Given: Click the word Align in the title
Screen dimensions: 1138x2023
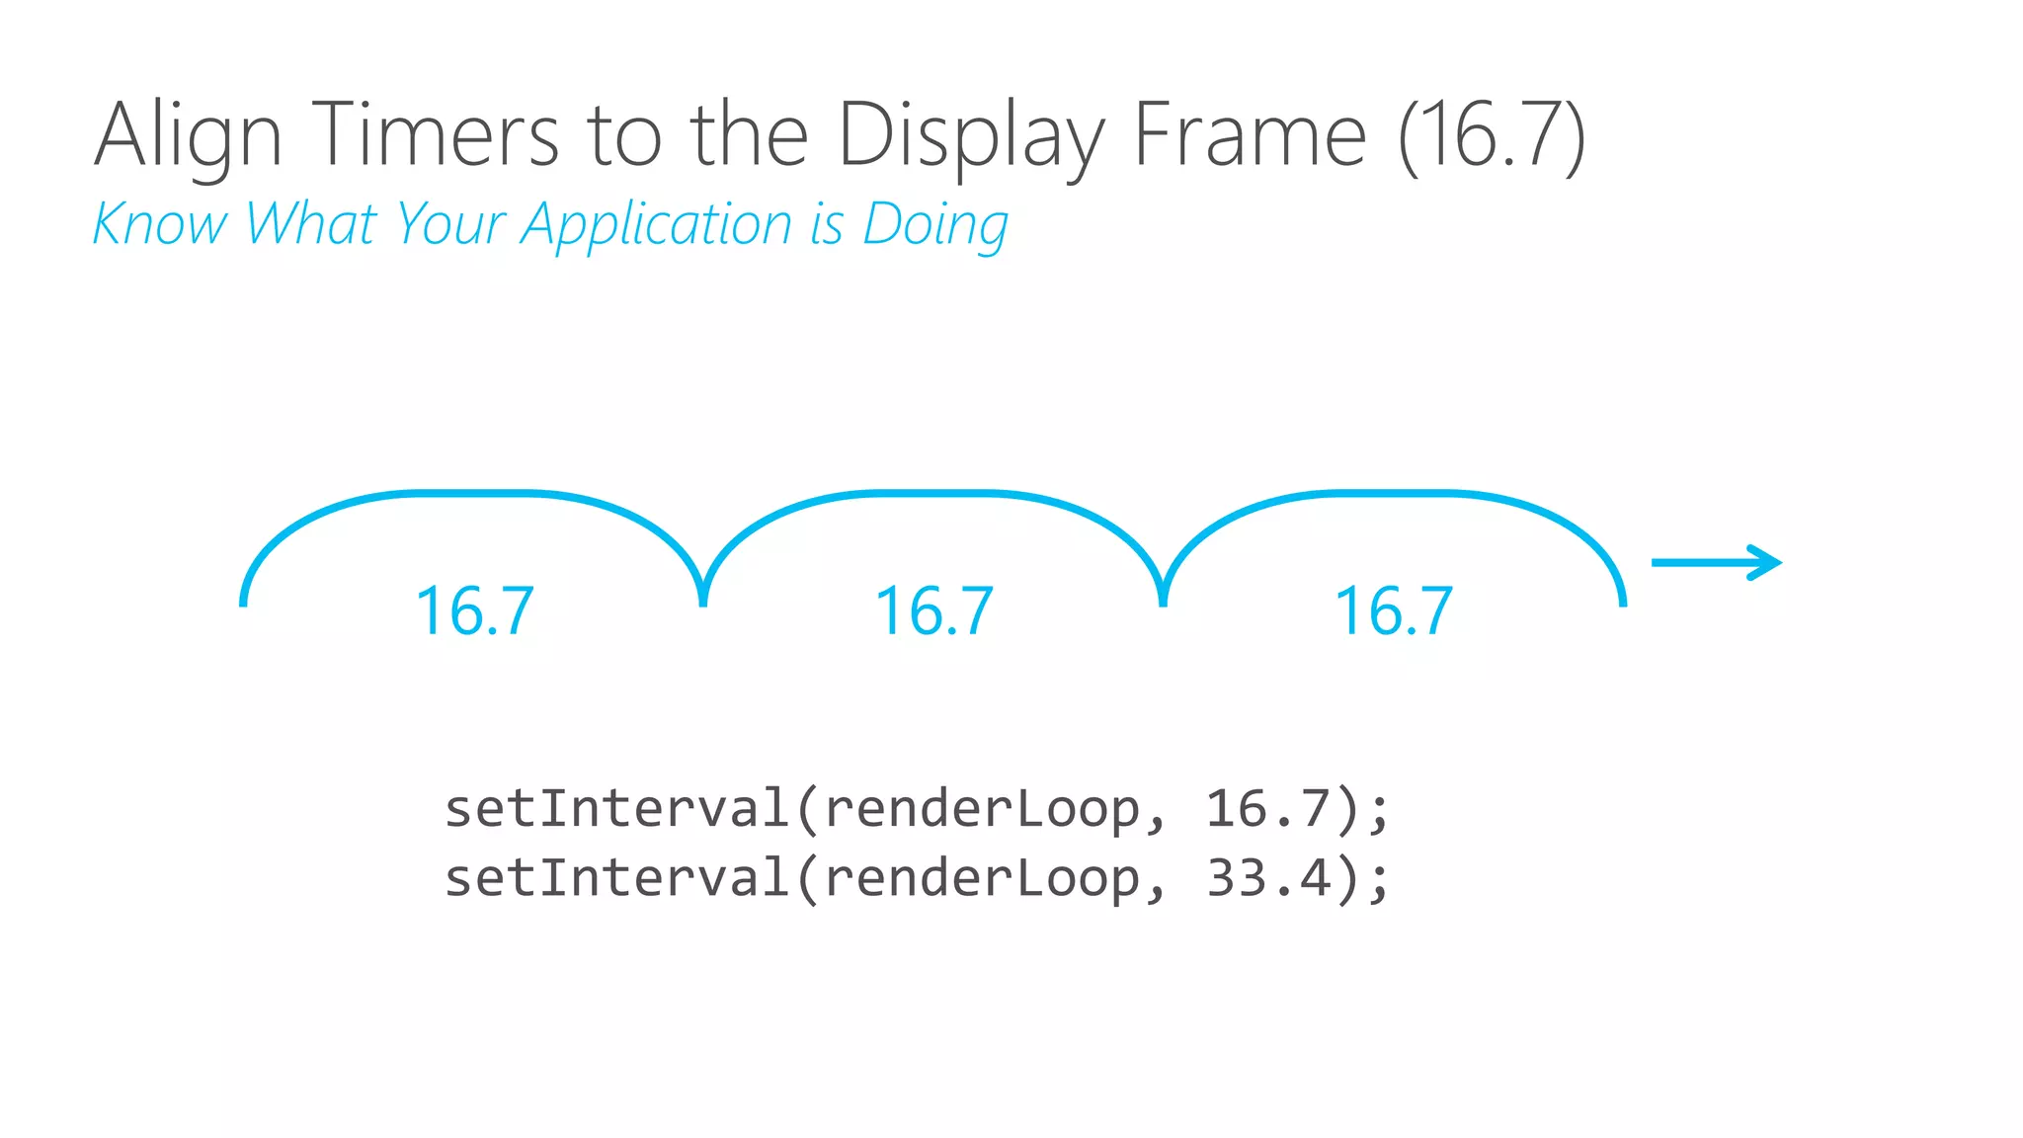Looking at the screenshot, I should pyautogui.click(x=188, y=136).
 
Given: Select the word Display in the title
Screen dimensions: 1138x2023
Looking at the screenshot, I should pyautogui.click(x=970, y=136).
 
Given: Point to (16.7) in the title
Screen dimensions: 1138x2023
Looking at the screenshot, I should pyautogui.click(x=1493, y=136).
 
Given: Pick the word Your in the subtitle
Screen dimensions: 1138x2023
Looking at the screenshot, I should pyautogui.click(x=449, y=224).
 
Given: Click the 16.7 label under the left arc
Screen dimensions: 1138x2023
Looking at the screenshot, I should pyautogui.click(x=475, y=611).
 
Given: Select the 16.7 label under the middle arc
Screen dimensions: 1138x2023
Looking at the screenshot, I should pyautogui.click(x=934, y=611).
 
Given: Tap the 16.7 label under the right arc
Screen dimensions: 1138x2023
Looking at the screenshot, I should pyautogui.click(x=1394, y=611).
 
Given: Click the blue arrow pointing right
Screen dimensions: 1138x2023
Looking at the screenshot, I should pyautogui.click(x=1717, y=563).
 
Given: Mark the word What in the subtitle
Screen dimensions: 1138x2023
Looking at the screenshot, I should pyautogui.click(x=311, y=224).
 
